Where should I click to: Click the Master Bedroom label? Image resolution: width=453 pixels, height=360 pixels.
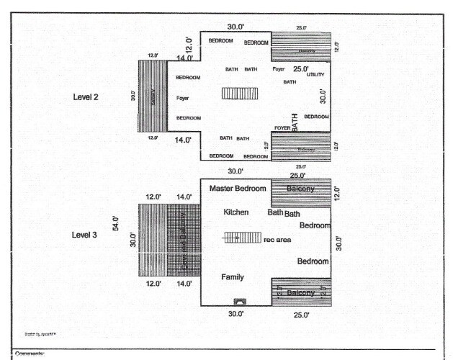pyautogui.click(x=238, y=188)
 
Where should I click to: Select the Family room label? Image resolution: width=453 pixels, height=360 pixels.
pyautogui.click(x=232, y=276)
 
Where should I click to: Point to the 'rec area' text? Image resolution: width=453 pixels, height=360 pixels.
pyautogui.click(x=277, y=240)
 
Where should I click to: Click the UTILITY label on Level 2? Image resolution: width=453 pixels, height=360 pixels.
pyautogui.click(x=315, y=75)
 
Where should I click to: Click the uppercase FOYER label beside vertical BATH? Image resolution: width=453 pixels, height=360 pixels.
pyautogui.click(x=282, y=128)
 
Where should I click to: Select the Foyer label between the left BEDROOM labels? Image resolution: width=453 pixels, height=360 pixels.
pyautogui.click(x=182, y=97)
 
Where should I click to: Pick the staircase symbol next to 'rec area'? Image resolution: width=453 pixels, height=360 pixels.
pyautogui.click(x=242, y=238)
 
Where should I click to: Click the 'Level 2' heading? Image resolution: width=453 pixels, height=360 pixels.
pyautogui.click(x=86, y=96)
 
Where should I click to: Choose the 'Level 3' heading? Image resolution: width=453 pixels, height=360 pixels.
pyautogui.click(x=86, y=235)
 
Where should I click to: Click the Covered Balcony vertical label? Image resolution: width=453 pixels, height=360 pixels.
pyautogui.click(x=184, y=241)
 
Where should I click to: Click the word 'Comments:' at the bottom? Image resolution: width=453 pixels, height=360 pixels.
pyautogui.click(x=30, y=354)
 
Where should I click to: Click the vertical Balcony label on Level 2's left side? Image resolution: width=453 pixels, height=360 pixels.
pyautogui.click(x=153, y=96)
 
